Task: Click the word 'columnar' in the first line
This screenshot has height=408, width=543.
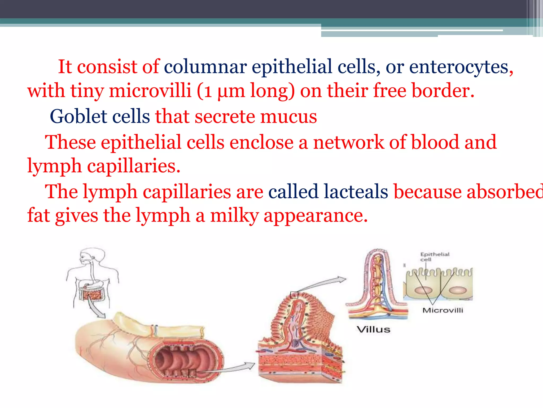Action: (x=205, y=67)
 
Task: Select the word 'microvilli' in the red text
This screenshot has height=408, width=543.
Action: (x=150, y=91)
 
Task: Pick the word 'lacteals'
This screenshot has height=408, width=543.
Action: (x=356, y=192)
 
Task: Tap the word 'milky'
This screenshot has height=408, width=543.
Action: (x=234, y=215)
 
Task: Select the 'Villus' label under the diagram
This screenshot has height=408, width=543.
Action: (x=373, y=330)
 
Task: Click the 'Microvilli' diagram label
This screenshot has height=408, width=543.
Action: (x=443, y=310)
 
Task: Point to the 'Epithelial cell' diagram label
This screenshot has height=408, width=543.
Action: (x=435, y=257)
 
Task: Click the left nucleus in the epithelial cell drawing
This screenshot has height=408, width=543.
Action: (x=424, y=290)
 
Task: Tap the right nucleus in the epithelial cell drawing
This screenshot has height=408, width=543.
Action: (x=458, y=290)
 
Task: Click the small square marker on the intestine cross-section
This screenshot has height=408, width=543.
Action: (x=192, y=373)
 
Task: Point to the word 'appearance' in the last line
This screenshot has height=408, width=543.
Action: (x=316, y=215)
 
